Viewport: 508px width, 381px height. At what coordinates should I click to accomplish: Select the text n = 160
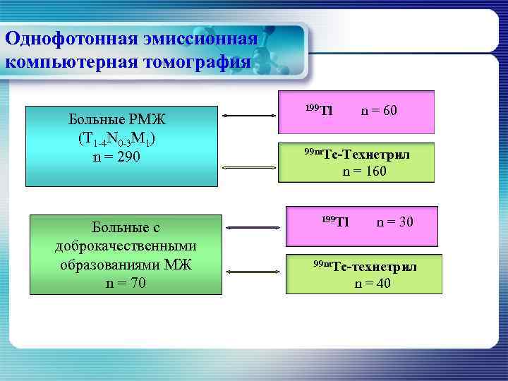click(364, 171)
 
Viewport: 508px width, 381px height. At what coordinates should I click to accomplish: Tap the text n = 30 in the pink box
click(395, 222)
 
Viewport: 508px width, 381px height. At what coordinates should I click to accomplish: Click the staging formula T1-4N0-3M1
click(117, 138)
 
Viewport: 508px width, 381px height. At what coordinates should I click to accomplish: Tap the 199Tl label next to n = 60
click(318, 109)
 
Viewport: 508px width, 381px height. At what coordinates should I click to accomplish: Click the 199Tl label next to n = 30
click(335, 222)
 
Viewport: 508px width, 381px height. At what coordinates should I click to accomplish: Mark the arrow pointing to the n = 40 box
click(251, 270)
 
